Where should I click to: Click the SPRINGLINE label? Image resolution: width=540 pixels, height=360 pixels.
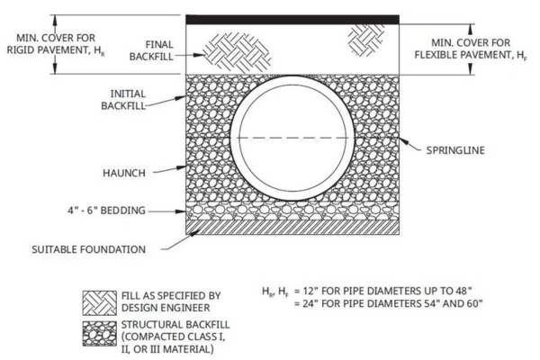(x=455, y=150)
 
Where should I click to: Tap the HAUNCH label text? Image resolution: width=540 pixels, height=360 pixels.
(x=124, y=173)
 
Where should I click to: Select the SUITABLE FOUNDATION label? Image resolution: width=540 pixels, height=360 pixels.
(x=88, y=249)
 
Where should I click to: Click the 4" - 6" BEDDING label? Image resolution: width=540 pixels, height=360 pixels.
(x=106, y=211)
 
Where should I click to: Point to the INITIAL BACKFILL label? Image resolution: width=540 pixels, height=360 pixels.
(x=123, y=100)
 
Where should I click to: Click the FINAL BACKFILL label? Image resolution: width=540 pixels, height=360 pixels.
(x=151, y=50)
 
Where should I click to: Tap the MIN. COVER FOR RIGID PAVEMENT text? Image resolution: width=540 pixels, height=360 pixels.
(x=56, y=44)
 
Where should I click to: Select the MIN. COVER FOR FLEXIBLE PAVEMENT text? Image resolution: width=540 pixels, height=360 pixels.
(x=471, y=49)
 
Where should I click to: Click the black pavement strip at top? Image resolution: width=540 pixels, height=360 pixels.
(x=292, y=20)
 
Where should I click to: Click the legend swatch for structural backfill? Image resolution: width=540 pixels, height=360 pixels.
(x=100, y=334)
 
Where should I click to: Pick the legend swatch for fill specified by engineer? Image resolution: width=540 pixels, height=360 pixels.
(x=100, y=303)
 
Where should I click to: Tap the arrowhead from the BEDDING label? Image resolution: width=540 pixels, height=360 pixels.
(x=181, y=211)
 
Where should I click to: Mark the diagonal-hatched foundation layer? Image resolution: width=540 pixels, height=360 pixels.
(x=292, y=228)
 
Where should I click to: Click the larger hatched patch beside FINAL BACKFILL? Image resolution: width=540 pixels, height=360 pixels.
(x=237, y=53)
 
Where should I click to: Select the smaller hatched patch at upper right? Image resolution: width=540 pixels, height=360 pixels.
(x=365, y=40)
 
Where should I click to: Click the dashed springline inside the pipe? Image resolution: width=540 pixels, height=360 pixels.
(x=292, y=138)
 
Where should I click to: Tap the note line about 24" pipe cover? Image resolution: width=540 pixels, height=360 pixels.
(x=389, y=303)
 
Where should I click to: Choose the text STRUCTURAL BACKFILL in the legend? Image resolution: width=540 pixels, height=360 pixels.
(x=175, y=325)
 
